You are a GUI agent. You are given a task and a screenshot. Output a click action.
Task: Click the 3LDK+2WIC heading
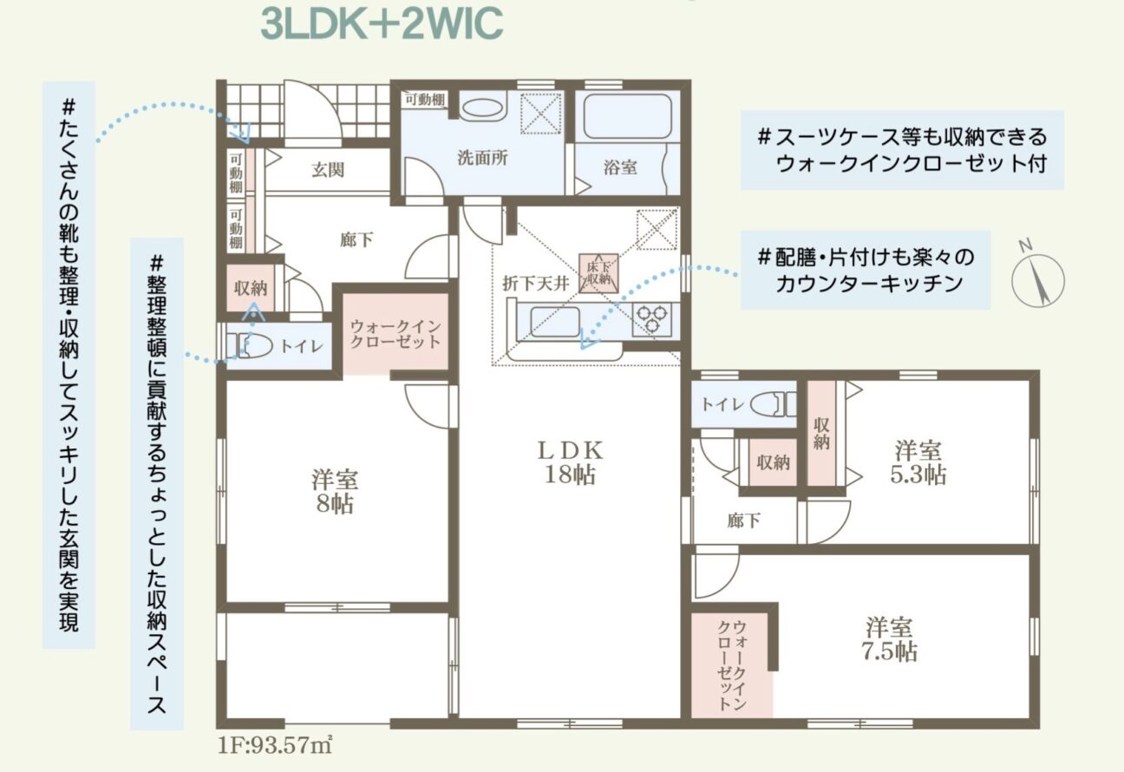click(x=382, y=23)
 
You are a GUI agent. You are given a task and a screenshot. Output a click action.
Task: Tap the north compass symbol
click(x=1037, y=279)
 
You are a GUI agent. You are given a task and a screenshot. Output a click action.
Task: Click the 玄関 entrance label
click(x=328, y=170)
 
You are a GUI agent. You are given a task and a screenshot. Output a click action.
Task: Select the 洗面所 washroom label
click(x=482, y=158)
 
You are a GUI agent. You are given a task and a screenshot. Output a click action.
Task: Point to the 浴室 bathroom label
click(x=620, y=167)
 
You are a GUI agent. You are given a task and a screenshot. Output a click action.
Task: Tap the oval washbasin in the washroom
click(x=482, y=108)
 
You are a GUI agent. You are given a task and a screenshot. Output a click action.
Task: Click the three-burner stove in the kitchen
click(x=651, y=318)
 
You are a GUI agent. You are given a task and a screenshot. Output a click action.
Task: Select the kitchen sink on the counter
click(x=554, y=322)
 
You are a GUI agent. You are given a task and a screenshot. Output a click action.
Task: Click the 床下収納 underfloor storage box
click(x=598, y=272)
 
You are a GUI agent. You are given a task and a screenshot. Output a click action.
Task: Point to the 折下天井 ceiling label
click(x=535, y=284)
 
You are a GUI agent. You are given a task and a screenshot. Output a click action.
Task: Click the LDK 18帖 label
click(x=570, y=461)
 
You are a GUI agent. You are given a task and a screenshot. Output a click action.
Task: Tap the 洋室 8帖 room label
click(x=335, y=491)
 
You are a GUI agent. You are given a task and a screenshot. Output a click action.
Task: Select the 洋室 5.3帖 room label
click(x=918, y=461)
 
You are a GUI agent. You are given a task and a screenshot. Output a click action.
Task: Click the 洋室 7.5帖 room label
click(x=889, y=639)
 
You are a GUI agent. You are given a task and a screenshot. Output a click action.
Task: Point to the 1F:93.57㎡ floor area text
click(x=275, y=745)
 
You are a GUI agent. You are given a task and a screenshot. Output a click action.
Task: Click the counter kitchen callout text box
click(x=865, y=270)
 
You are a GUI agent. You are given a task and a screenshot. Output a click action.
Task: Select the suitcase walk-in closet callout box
click(x=902, y=150)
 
